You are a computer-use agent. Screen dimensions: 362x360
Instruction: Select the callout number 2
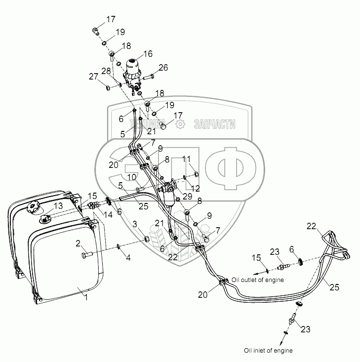(78, 243)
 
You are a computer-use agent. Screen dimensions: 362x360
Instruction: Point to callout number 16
(148, 54)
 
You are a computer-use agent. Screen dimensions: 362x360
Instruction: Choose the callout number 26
(163, 67)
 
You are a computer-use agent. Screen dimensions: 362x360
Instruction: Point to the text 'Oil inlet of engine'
(268, 351)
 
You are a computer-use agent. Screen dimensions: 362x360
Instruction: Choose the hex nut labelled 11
(196, 174)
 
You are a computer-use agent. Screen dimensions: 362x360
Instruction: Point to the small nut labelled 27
(108, 88)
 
